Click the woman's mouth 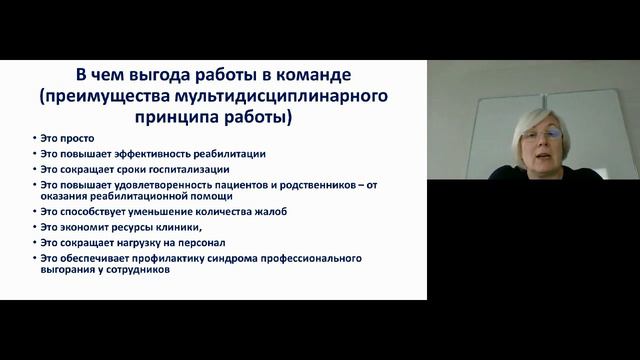click(549, 153)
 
